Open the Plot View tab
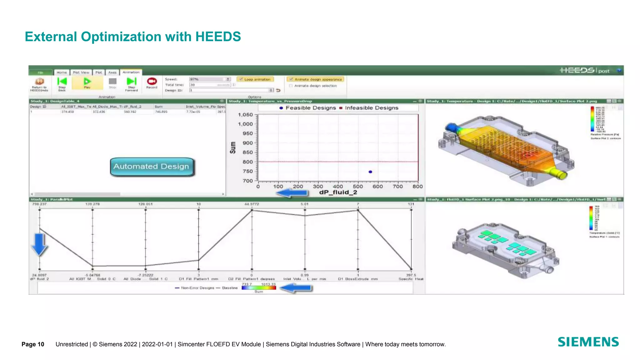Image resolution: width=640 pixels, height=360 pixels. (81, 72)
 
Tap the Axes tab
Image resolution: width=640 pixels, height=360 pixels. (112, 72)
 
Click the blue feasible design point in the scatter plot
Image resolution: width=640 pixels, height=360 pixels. (370, 172)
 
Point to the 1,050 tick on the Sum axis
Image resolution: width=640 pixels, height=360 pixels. (245, 115)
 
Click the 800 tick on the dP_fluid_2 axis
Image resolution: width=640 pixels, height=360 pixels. (417, 187)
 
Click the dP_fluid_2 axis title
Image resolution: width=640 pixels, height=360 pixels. (338, 192)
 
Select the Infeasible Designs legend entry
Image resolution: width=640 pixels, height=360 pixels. (369, 108)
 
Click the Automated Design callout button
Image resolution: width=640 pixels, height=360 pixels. (152, 167)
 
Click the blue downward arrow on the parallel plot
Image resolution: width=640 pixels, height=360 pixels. (40, 244)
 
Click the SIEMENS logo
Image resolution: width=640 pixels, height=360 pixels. (588, 342)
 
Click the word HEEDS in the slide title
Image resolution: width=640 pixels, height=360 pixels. (218, 37)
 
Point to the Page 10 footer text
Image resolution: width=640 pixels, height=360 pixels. (33, 344)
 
